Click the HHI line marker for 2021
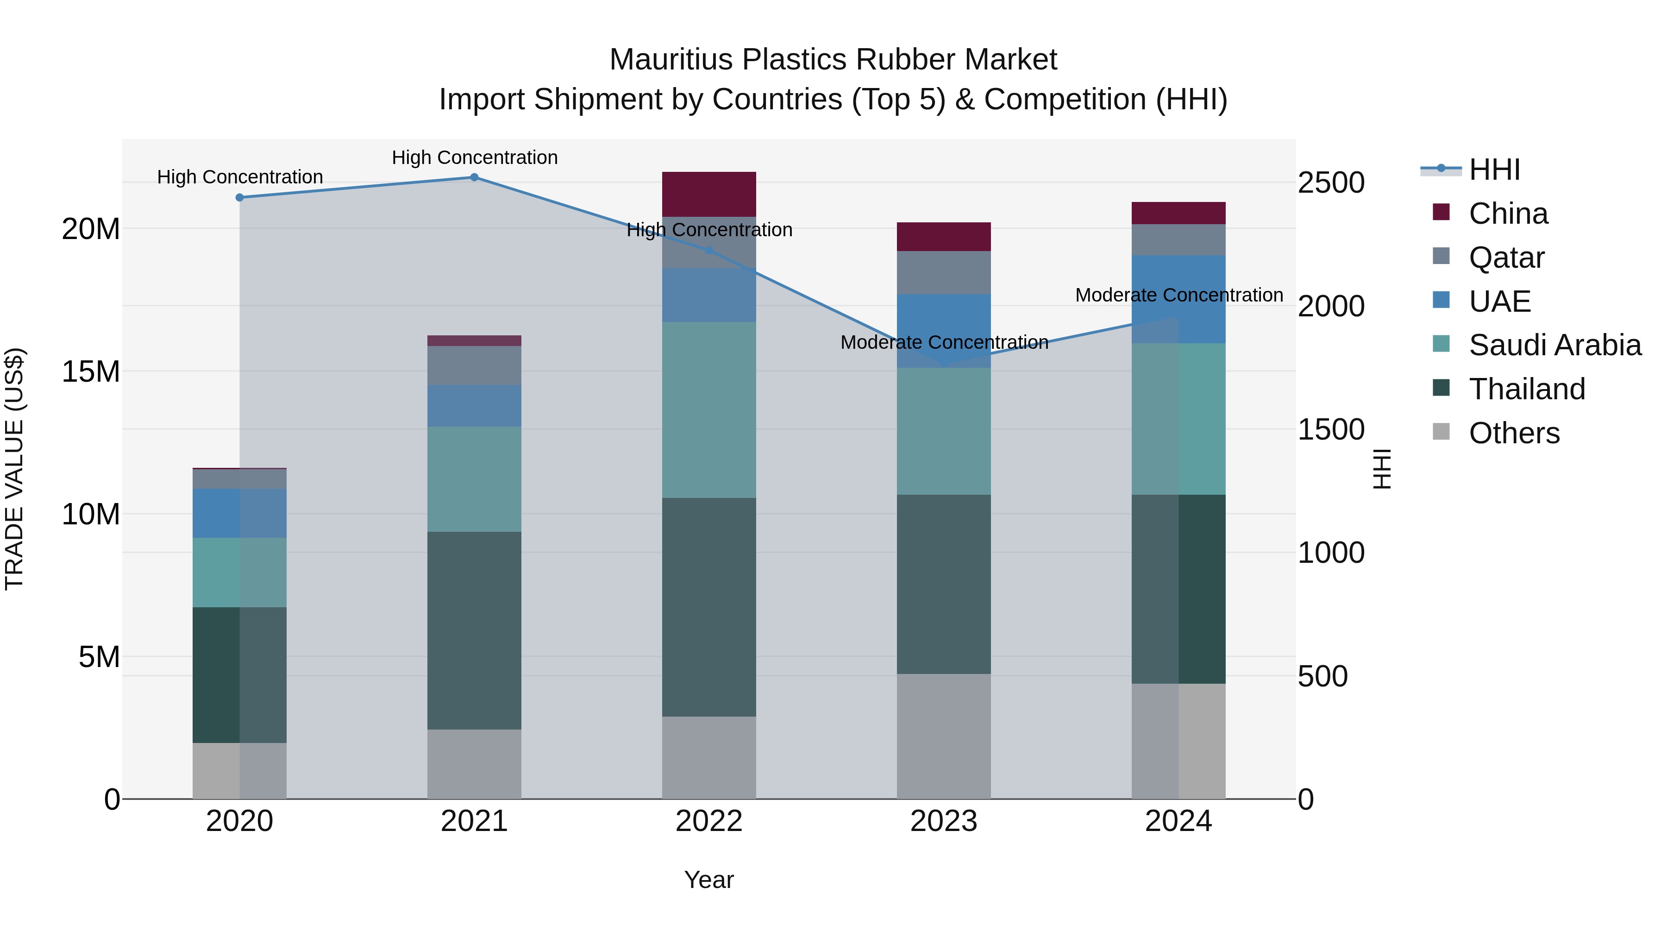click(474, 177)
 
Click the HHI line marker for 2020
click(239, 197)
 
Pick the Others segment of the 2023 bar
click(944, 736)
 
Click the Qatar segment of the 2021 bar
click(474, 366)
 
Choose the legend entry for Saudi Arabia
click(1554, 345)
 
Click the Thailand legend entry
click(1527, 389)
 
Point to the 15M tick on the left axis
click(91, 371)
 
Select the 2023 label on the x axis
click(944, 821)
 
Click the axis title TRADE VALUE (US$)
click(14, 469)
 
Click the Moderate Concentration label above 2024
click(1178, 295)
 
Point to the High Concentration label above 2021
click(474, 157)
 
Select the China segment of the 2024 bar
click(1178, 213)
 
